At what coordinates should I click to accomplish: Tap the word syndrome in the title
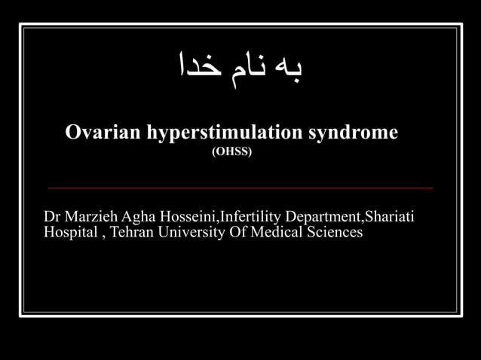pos(353,133)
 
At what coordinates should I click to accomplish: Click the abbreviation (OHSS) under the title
pos(232,151)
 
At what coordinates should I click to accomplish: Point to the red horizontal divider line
pos(240,188)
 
